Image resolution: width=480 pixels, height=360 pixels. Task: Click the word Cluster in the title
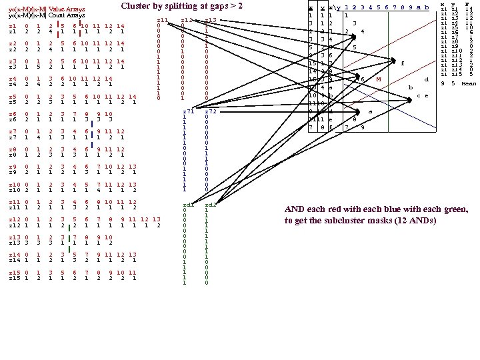(x=139, y=6)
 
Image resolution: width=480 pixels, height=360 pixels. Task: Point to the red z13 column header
(x=211, y=21)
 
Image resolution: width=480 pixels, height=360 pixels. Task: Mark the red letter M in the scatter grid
(x=378, y=79)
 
